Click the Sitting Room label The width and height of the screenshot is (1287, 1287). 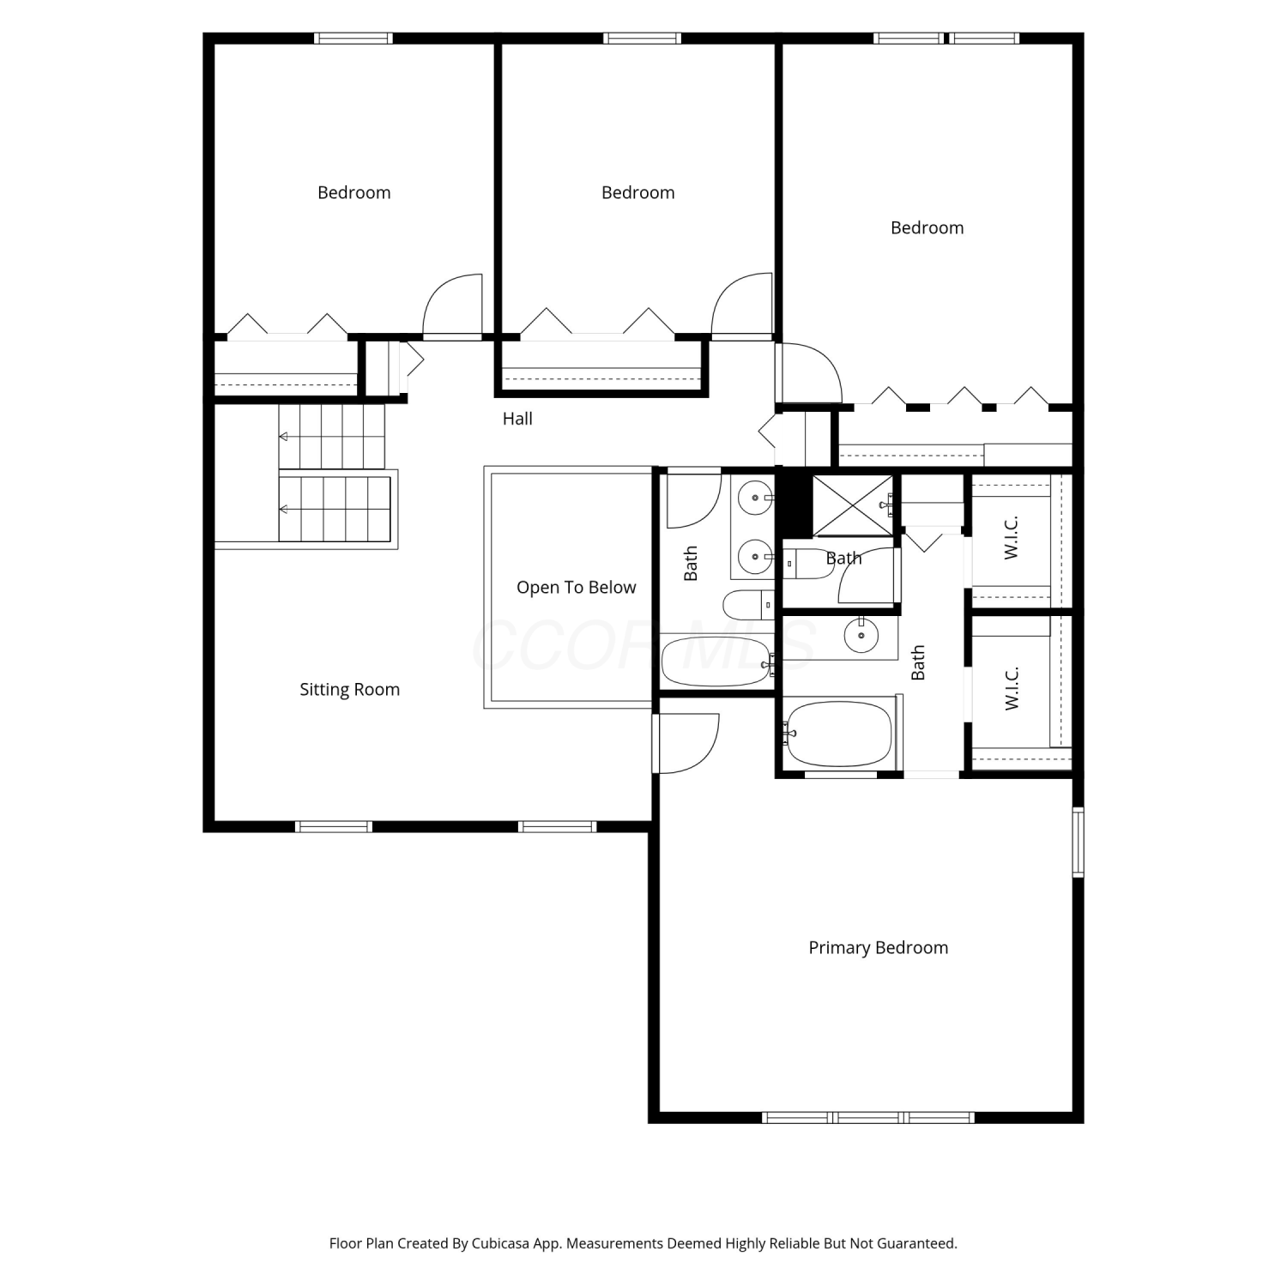(349, 690)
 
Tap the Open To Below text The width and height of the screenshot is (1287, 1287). (576, 588)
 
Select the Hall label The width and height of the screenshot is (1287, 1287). (517, 419)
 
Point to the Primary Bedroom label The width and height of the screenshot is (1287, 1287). (878, 948)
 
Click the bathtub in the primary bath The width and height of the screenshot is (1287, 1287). (838, 734)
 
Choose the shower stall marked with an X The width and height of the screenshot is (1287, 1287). (853, 505)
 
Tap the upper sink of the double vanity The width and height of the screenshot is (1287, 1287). (756, 496)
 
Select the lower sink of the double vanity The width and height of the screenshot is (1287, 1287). (756, 557)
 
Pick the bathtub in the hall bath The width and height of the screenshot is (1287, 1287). (716, 662)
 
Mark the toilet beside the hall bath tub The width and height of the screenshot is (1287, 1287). (748, 605)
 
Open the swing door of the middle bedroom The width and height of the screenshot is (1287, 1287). (742, 306)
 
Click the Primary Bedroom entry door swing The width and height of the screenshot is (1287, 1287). (686, 743)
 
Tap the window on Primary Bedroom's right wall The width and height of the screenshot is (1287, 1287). (1079, 842)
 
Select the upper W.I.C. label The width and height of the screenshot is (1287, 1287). (1012, 538)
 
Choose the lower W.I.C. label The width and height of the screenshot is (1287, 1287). (1012, 688)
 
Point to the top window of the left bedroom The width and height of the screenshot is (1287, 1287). (353, 39)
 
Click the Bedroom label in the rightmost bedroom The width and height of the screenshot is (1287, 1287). (927, 228)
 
